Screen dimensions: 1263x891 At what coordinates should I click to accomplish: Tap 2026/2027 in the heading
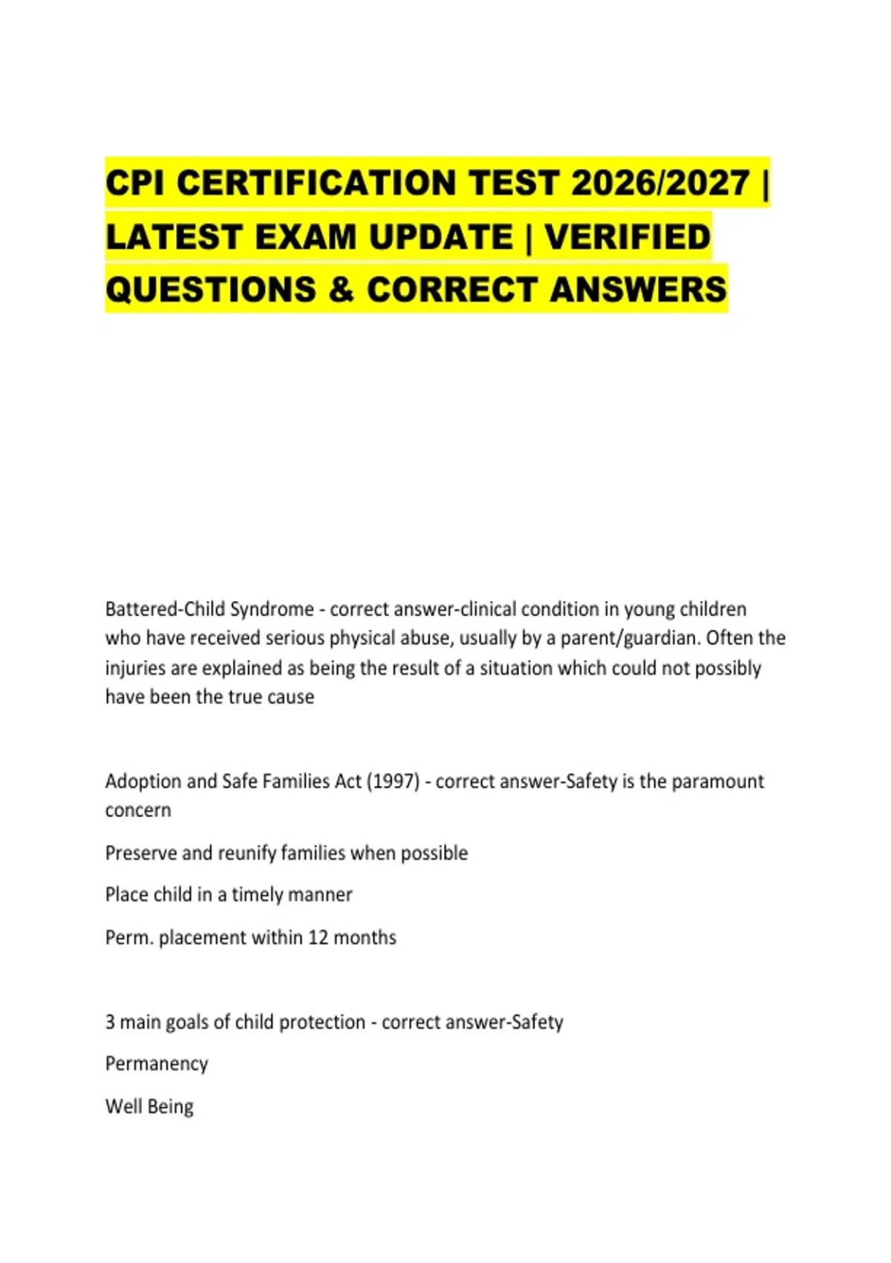pyautogui.click(x=659, y=184)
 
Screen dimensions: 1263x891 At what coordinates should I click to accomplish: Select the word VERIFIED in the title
pyautogui.click(x=627, y=237)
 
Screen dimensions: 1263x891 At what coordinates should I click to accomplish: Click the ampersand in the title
pyautogui.click(x=341, y=290)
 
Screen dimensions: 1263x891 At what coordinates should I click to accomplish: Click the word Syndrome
pyautogui.click(x=272, y=610)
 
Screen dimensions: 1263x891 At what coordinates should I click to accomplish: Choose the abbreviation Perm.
pyautogui.click(x=128, y=938)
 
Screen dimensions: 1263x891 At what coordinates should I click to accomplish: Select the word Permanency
pyautogui.click(x=157, y=1064)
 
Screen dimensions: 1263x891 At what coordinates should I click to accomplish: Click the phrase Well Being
pyautogui.click(x=149, y=1107)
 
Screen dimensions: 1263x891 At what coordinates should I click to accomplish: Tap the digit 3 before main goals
pyautogui.click(x=110, y=1022)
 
